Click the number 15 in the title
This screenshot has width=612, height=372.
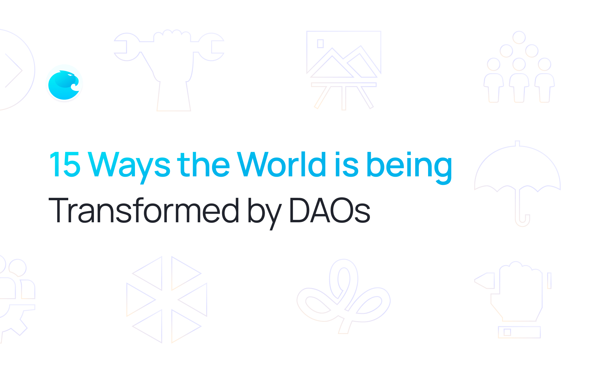click(x=65, y=165)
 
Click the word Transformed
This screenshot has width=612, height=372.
click(x=143, y=210)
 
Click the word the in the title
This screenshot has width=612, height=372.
click(x=203, y=165)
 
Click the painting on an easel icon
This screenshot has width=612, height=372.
click(x=344, y=70)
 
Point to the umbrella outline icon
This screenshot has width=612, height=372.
click(x=517, y=181)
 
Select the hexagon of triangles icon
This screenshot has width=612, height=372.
click(x=167, y=299)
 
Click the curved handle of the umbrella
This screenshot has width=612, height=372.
click(x=522, y=220)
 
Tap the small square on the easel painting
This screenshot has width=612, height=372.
click(x=320, y=44)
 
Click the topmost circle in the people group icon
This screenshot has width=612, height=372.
click(x=519, y=37)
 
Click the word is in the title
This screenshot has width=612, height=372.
click(x=346, y=165)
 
